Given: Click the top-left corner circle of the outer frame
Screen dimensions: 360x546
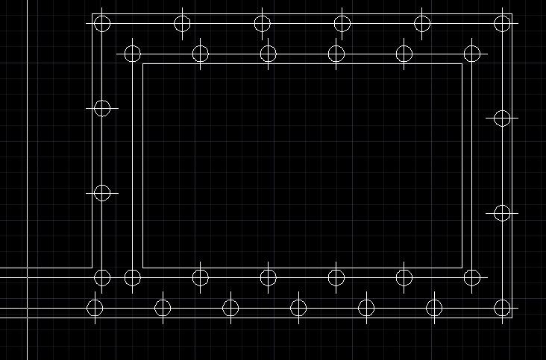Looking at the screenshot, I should pyautogui.click(x=102, y=23).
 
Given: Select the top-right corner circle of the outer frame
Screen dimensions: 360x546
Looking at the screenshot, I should pyautogui.click(x=503, y=23).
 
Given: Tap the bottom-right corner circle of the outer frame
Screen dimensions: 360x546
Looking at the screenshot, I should pyautogui.click(x=503, y=308).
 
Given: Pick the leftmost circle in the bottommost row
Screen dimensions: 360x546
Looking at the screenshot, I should pyautogui.click(x=95, y=308).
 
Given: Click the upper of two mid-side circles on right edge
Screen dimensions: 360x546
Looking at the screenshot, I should pyautogui.click(x=503, y=118).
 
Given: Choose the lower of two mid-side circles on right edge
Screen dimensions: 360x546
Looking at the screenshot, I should pyautogui.click(x=503, y=213).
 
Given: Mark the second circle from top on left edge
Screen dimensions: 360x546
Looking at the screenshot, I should pyautogui.click(x=102, y=109).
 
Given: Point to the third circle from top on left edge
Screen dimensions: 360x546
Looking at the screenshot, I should pyautogui.click(x=102, y=193).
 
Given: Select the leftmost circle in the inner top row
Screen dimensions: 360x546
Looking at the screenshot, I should pyautogui.click(x=132, y=54).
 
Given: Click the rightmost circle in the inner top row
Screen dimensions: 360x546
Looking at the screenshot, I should pyautogui.click(x=472, y=54).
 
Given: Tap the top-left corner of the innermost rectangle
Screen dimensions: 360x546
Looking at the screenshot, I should pyautogui.click(x=142, y=63).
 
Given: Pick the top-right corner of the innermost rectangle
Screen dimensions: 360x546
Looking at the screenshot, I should pyautogui.click(x=462, y=63).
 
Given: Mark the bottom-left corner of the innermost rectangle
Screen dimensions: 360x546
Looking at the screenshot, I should pyautogui.click(x=142, y=268).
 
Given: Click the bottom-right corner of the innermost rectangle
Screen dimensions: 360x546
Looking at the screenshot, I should pyautogui.click(x=462, y=268).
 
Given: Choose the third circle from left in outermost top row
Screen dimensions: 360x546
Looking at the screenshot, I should pyautogui.click(x=262, y=23).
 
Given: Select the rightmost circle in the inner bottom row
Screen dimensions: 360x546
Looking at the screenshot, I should pyautogui.click(x=472, y=278).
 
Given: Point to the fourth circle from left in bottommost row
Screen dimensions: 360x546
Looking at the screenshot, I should pyautogui.click(x=298, y=308).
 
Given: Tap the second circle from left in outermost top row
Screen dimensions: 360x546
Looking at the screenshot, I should pyautogui.click(x=183, y=23).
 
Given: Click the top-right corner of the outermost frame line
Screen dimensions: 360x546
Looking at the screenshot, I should pyautogui.click(x=512, y=13).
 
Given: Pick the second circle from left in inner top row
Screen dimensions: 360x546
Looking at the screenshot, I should pyautogui.click(x=200, y=54).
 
